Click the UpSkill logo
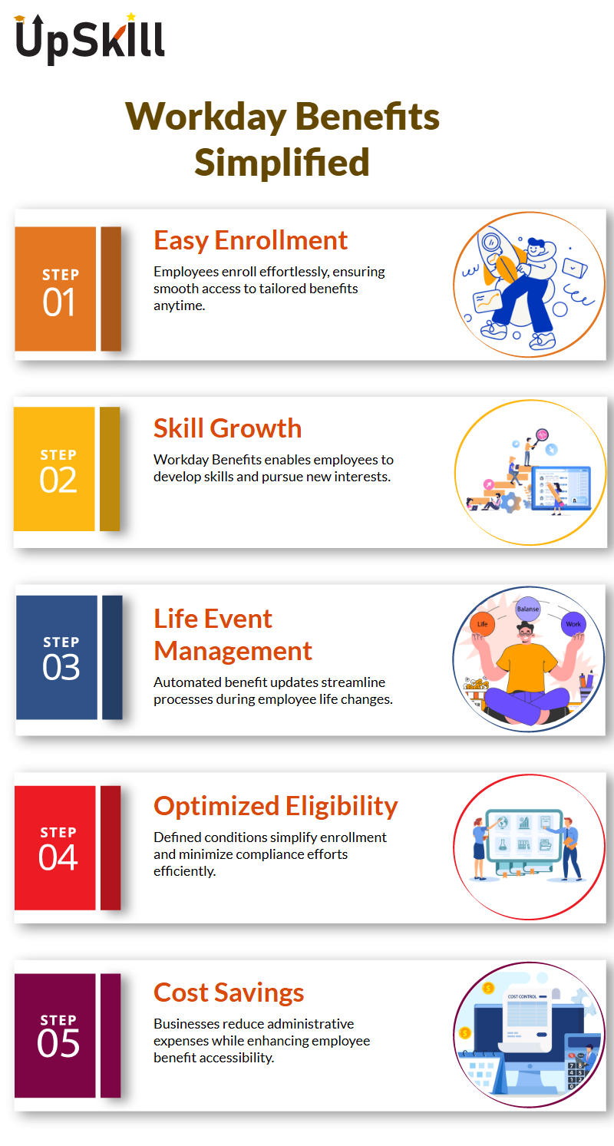pos(90,39)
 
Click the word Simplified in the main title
pos(282,162)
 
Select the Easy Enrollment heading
pos(251,240)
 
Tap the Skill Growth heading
pos(228,428)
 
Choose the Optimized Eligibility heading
pos(276,806)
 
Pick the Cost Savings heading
pos(229,992)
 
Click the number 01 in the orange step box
pos(59,302)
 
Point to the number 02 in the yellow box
pos(58,480)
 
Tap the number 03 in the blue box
pos(61,667)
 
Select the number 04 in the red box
pos(58,857)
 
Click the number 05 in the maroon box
pos(58,1044)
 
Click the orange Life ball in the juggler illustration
pos(483,623)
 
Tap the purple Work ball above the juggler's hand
pos(573,623)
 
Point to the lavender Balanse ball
pos(528,609)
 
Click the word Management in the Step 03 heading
pos(233,651)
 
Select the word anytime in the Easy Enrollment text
pos(179,305)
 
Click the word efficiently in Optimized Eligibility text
pos(185,871)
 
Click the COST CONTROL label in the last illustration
pos(523,996)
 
